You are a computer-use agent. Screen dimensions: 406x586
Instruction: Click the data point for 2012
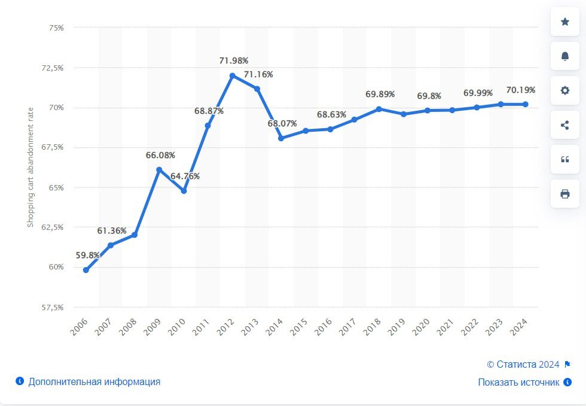[233, 75]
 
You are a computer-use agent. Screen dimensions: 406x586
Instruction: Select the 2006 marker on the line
[86, 270]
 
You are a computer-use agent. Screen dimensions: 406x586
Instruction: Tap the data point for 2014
[281, 138]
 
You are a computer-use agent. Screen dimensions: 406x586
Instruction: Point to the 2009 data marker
[159, 169]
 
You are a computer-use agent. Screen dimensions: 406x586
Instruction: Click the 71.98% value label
[234, 60]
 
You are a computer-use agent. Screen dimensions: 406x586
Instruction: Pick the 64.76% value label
[185, 176]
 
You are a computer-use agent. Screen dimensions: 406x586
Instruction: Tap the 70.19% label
[520, 90]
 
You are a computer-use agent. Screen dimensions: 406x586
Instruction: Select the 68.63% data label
[332, 114]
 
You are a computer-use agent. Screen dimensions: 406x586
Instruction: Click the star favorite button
[565, 22]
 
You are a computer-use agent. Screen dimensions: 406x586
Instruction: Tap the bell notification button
[565, 56]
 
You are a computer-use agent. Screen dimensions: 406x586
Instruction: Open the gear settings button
[565, 90]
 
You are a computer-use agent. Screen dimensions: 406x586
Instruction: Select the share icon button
[565, 125]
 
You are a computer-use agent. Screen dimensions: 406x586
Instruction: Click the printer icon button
[565, 194]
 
